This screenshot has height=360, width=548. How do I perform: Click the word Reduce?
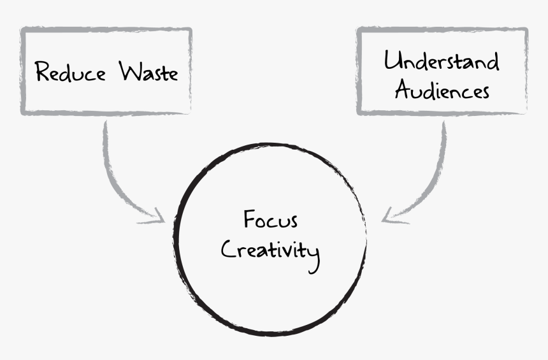69,71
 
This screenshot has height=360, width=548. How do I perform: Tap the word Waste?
148,71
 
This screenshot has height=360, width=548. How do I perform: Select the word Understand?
442,61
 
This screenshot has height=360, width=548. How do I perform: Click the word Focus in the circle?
270,220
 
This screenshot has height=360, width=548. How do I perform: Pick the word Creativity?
270,250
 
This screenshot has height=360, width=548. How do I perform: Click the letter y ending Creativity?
313,255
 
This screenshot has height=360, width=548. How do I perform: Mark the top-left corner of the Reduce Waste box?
22,30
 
